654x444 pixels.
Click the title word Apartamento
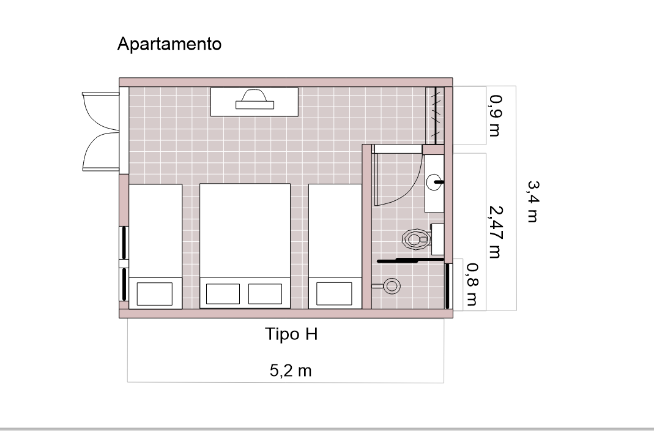coord(169,44)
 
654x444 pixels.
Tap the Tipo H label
coord(291,334)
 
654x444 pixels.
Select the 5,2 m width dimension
coord(291,371)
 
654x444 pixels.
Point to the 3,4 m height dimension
coord(533,201)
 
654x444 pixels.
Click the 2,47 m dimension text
coord(495,232)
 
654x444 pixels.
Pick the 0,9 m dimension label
coord(495,116)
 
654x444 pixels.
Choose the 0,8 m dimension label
coord(472,284)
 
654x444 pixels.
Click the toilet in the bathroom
coord(416,239)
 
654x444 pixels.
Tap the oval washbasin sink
coord(434,182)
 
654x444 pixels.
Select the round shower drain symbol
coord(392,286)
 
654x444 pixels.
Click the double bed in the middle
coord(245,246)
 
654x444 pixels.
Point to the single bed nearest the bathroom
coord(335,246)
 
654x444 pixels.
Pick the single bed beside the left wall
coord(155,246)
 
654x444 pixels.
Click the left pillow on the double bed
coord(223,294)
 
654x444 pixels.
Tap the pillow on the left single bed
coord(155,294)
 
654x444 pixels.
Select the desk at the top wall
coord(255,102)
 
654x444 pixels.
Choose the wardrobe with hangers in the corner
coord(435,115)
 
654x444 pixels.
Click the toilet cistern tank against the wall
coord(437,239)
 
